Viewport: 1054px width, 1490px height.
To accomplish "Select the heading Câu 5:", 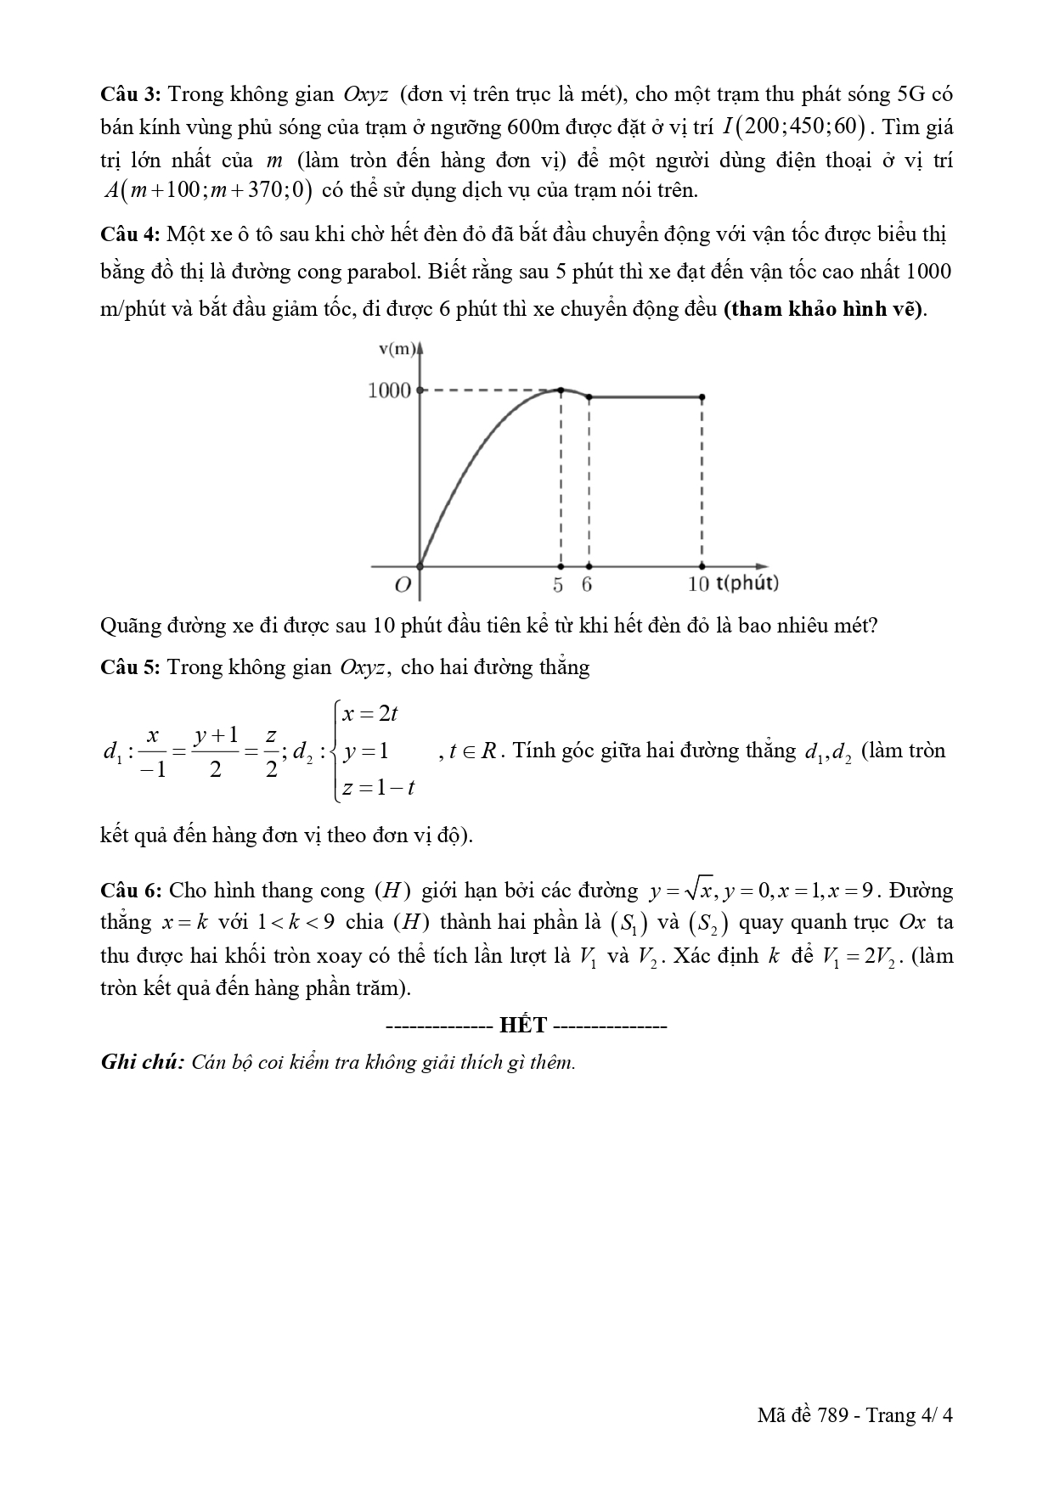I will [131, 667].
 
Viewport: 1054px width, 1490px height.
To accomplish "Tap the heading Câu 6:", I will [131, 891].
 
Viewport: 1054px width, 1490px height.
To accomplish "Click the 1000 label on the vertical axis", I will [389, 391].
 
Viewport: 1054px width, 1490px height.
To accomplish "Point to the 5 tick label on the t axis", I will [558, 584].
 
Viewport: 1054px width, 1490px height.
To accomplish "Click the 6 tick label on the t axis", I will [587, 584].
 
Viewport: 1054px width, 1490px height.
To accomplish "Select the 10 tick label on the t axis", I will [698, 584].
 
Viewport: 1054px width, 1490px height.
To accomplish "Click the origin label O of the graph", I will [403, 584].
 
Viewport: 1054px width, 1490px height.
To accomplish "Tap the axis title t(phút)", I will [747, 583].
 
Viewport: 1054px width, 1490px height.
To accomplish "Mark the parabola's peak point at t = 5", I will [561, 390].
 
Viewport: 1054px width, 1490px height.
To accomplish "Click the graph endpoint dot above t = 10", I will [702, 396].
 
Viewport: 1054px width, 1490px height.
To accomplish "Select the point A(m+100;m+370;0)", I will [207, 190].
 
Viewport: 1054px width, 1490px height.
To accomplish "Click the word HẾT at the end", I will [523, 1025].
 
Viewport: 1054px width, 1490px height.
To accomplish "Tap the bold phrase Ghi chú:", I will [142, 1062].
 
